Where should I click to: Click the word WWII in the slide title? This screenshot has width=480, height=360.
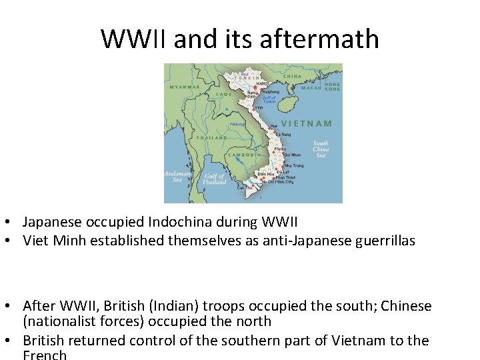[x=135, y=39]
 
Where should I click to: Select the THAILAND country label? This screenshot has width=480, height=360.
[x=211, y=137]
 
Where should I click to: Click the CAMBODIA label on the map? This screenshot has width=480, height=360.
[x=243, y=155]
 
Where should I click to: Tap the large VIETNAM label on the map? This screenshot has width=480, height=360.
[x=307, y=123]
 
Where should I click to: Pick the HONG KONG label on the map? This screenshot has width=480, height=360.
[x=333, y=87]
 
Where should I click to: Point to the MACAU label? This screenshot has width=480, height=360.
[x=311, y=87]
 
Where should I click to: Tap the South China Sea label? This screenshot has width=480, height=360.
[x=321, y=147]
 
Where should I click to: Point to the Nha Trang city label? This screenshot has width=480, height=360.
[x=293, y=165]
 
